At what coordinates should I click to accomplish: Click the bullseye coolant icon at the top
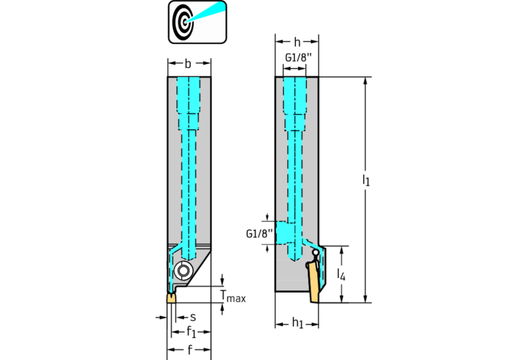point(198,22)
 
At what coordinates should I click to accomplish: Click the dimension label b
point(188,63)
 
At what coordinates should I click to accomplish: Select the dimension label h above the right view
point(297,42)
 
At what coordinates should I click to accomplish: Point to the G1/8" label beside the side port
point(260,234)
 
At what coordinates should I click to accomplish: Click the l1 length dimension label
point(366,180)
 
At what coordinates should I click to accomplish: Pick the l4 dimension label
point(341,275)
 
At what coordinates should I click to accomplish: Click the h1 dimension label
point(297,324)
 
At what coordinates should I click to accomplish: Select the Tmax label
point(233,296)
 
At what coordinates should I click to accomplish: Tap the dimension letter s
point(193,317)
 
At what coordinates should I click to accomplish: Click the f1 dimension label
point(191,332)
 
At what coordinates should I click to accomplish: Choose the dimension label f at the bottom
point(189,350)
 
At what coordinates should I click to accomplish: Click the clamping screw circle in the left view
point(184,271)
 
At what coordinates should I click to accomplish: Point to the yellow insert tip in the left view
point(171,298)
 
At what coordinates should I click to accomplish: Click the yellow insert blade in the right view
point(314,282)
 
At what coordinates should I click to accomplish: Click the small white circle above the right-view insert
point(315,253)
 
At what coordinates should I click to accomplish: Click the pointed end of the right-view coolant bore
point(295,261)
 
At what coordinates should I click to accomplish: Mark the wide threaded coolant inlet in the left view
point(189,95)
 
